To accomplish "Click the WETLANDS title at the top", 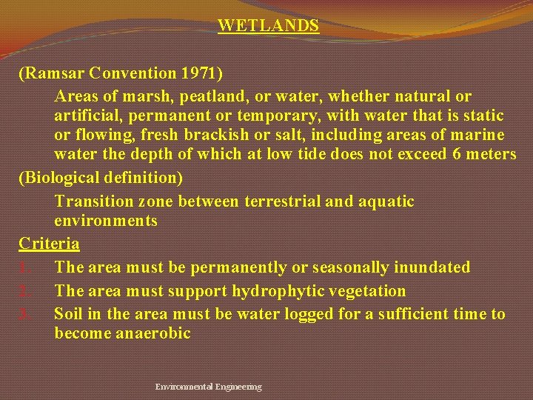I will click(x=268, y=25).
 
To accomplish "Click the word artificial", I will click(x=86, y=116).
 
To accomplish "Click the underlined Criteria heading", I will click(x=49, y=243).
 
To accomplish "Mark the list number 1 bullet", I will click(x=24, y=267).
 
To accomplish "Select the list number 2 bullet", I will click(x=24, y=291).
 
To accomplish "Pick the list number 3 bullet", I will click(x=24, y=315).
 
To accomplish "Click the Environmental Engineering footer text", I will click(x=208, y=387).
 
